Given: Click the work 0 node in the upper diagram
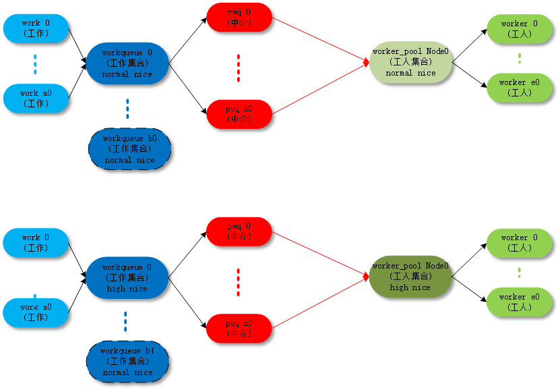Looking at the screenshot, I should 36,28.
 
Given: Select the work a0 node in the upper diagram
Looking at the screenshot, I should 36,99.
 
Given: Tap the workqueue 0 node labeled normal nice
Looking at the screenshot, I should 127,63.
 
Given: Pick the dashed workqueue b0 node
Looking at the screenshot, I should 129,149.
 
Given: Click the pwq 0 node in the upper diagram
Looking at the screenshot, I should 239,18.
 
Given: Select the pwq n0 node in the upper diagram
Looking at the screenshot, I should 239,114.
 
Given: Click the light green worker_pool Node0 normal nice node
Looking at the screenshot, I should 410,62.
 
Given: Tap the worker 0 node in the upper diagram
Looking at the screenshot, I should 519,29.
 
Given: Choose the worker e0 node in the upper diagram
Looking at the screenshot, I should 519,88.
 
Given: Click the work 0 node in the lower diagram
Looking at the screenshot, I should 36,243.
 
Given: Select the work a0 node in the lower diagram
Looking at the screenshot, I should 36,312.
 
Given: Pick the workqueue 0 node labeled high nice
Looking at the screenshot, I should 127,278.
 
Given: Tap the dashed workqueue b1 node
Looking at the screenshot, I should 127,362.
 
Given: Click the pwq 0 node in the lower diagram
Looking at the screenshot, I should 239,231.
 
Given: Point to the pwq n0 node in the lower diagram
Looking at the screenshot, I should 239,328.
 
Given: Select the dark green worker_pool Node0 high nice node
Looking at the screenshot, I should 410,277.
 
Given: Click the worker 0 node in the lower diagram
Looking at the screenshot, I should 519,243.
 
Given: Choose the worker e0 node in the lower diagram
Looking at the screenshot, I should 519,302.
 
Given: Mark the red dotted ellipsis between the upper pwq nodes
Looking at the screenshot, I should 239,67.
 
